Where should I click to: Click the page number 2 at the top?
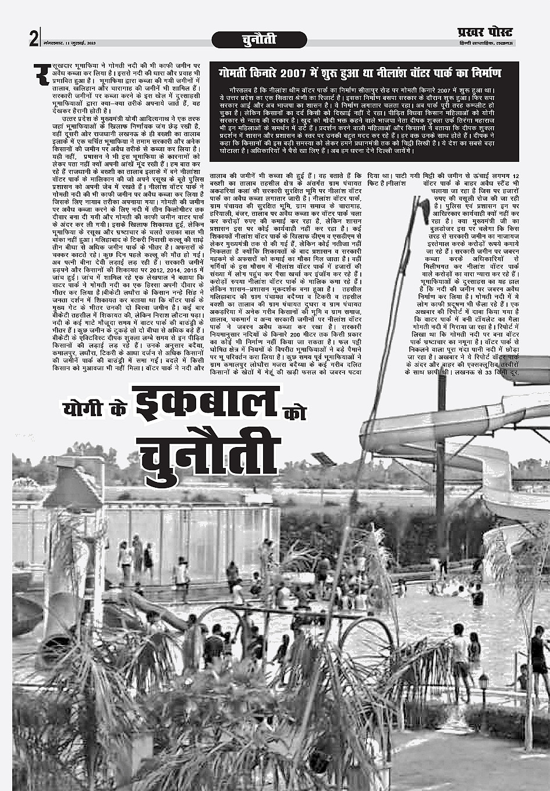tap(33, 38)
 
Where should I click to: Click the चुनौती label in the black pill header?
tap(258, 40)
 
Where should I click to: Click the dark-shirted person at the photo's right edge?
tap(538, 652)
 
